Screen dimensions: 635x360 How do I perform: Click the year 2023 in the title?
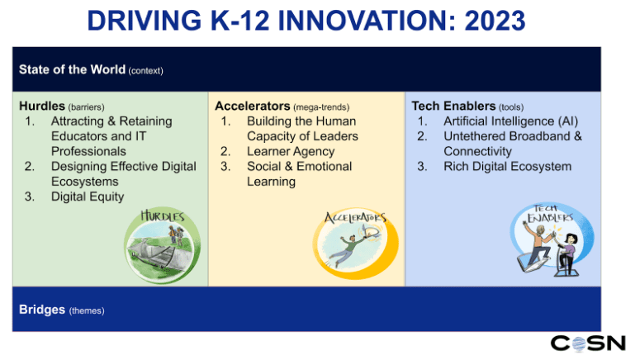point(495,21)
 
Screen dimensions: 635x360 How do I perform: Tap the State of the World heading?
point(72,69)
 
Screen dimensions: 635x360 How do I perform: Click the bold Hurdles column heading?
point(42,106)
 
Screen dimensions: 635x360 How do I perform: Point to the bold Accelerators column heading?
point(253,106)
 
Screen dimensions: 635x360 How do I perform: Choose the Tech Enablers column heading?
point(453,106)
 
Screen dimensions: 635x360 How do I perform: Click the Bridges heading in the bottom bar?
point(42,310)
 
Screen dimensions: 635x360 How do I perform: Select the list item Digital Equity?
point(88,197)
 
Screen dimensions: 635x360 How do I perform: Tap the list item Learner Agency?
point(291,151)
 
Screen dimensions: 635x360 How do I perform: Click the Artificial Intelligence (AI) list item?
point(510,121)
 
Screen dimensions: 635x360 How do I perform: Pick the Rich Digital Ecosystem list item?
point(508,167)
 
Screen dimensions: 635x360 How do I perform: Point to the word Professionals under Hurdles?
point(88,151)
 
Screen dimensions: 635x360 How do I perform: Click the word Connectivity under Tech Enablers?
point(477,151)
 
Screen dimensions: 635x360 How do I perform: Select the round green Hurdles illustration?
point(162,245)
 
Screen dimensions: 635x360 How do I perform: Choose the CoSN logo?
point(588,343)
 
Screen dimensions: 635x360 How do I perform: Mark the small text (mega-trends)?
point(321,107)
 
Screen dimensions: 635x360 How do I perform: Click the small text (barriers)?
point(86,107)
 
